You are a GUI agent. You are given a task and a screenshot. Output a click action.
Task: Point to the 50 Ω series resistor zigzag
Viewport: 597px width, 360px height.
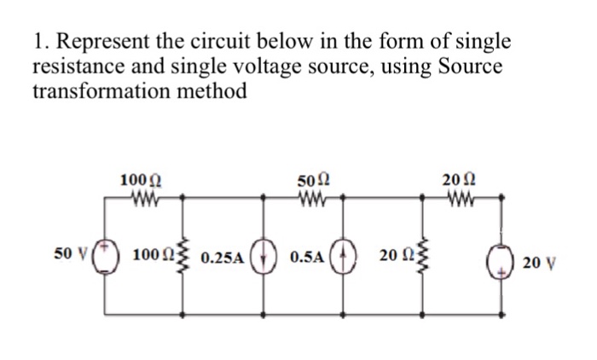(x=312, y=198)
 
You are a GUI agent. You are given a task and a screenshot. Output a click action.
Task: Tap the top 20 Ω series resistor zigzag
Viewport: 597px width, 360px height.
(x=461, y=198)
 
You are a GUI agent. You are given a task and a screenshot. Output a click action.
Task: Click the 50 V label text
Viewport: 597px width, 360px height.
(x=71, y=253)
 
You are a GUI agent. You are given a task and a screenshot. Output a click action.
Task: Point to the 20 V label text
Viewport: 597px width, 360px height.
(x=539, y=263)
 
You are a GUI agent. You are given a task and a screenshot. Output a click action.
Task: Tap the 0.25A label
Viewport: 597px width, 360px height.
(x=222, y=258)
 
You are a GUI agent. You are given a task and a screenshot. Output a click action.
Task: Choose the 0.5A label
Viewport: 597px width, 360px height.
(x=307, y=257)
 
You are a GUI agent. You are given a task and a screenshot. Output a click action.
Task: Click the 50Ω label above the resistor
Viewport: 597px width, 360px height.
(x=313, y=180)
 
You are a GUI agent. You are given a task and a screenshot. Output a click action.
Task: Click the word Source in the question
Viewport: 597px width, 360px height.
(x=471, y=67)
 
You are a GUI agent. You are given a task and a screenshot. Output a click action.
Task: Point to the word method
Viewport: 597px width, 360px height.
(x=212, y=91)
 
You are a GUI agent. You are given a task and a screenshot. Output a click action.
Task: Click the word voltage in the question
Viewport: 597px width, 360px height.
(x=265, y=68)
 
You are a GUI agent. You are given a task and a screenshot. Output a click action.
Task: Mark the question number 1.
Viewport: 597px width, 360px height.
(x=39, y=41)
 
